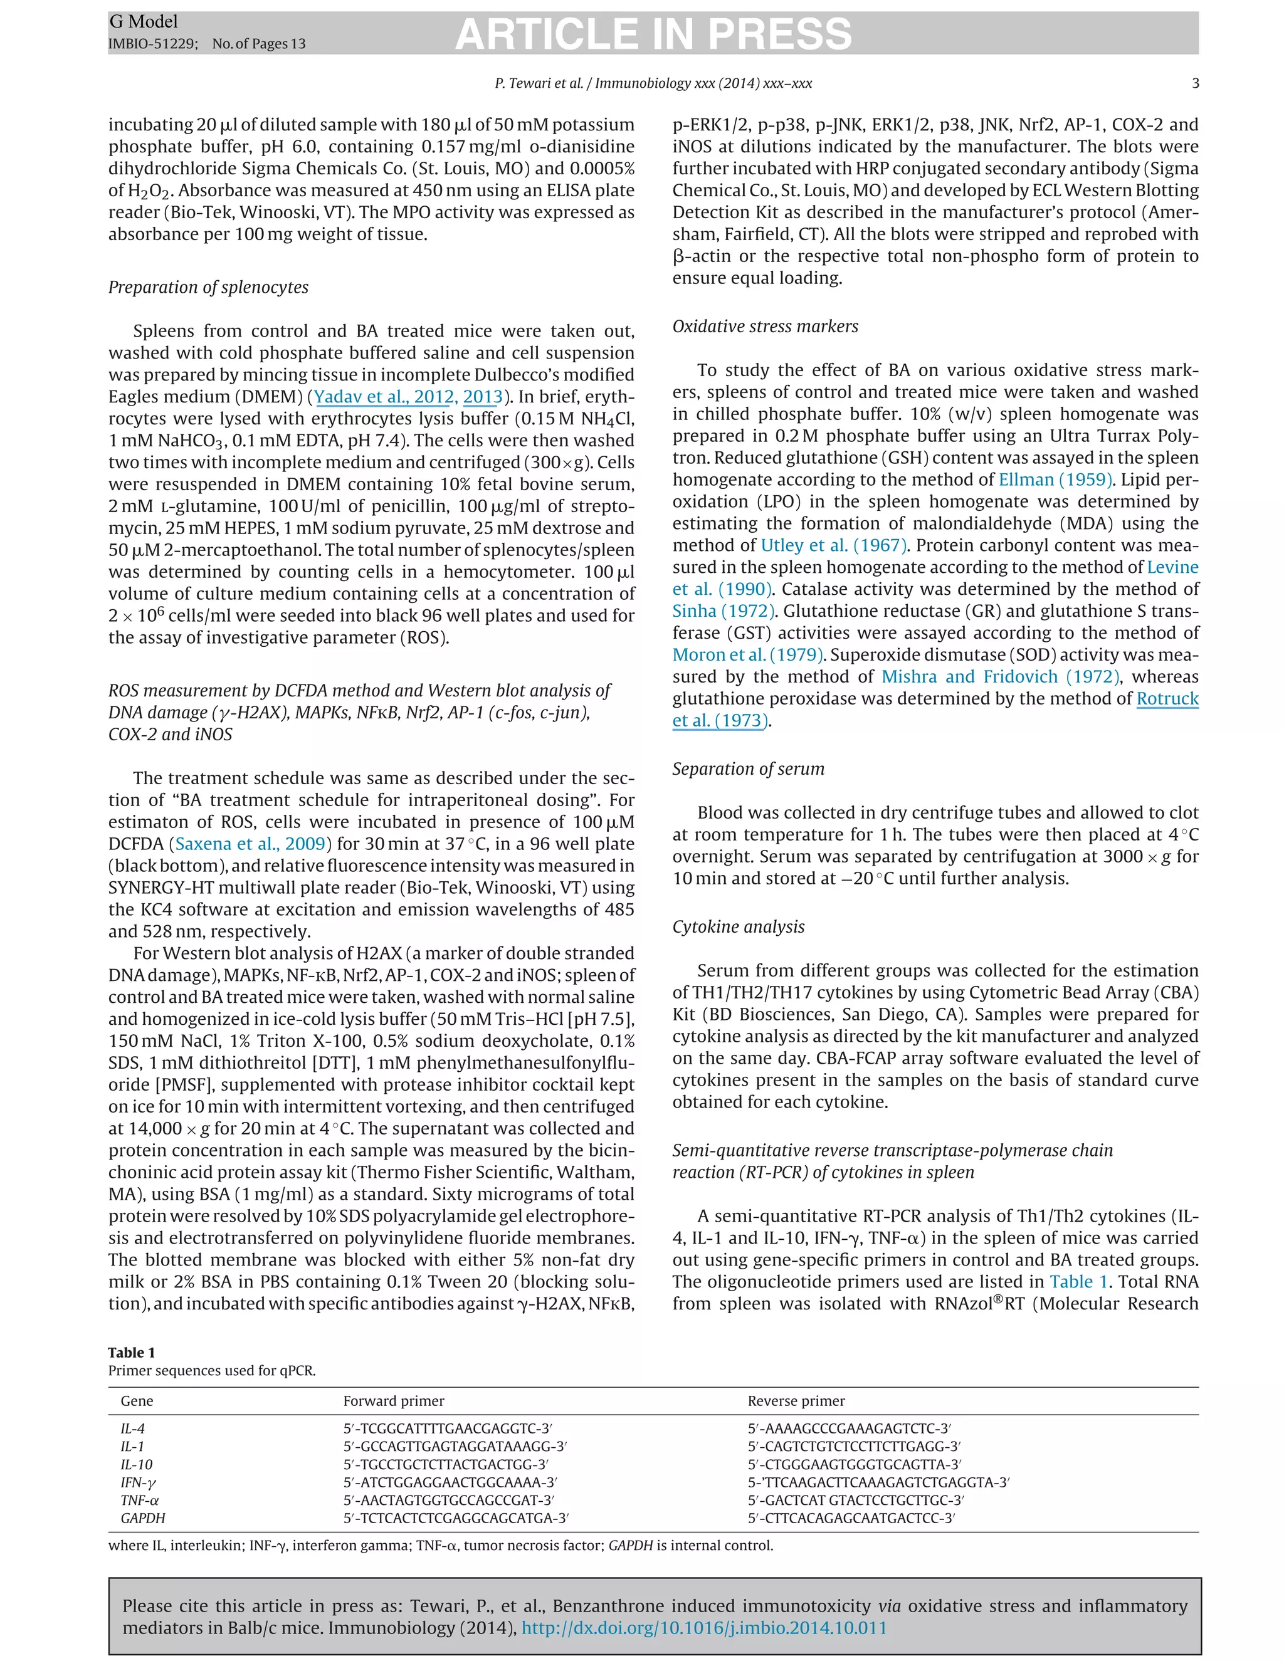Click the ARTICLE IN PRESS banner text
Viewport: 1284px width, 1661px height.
pos(653,34)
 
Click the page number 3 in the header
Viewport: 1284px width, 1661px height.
pos(1195,83)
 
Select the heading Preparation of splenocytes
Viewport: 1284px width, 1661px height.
pos(208,288)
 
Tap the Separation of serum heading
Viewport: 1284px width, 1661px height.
pos(748,769)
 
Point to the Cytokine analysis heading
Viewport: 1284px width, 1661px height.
pos(738,926)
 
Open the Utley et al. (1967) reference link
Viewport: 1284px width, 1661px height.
pos(833,545)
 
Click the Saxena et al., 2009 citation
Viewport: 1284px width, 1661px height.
pos(250,844)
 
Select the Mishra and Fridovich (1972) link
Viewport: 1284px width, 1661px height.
pos(999,677)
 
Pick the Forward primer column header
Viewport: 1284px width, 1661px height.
pos(393,1401)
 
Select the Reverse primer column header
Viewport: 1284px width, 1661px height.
pos(796,1401)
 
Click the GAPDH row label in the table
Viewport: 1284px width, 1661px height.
pos(142,1518)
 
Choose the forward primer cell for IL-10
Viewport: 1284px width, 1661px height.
pos(445,1465)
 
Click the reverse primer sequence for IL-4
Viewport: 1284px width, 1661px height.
pos(849,1429)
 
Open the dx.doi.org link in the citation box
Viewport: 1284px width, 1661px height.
pos(703,1628)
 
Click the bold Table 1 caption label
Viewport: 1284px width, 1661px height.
pos(132,1352)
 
